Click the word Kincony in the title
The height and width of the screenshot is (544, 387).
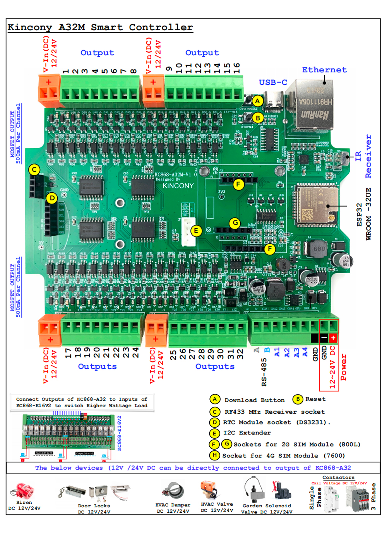[30, 27]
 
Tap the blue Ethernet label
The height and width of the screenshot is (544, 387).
[324, 70]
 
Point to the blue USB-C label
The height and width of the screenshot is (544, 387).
[273, 82]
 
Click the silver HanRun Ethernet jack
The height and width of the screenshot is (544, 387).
[315, 103]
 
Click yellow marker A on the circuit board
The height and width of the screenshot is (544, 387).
[257, 101]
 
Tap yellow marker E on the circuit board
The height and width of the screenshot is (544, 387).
[196, 231]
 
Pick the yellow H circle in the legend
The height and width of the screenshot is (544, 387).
[214, 455]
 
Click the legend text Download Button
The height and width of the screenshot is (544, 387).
[254, 400]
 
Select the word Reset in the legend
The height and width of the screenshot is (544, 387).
[315, 399]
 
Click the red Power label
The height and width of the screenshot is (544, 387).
[343, 367]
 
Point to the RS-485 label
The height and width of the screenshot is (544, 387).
[264, 372]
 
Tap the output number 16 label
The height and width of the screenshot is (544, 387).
[237, 68]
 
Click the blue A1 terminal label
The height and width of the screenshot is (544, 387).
[277, 352]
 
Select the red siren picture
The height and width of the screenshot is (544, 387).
[24, 491]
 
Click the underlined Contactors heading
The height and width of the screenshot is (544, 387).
[338, 477]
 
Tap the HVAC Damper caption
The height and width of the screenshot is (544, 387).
[173, 505]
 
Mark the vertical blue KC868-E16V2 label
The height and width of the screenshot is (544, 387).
[119, 433]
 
